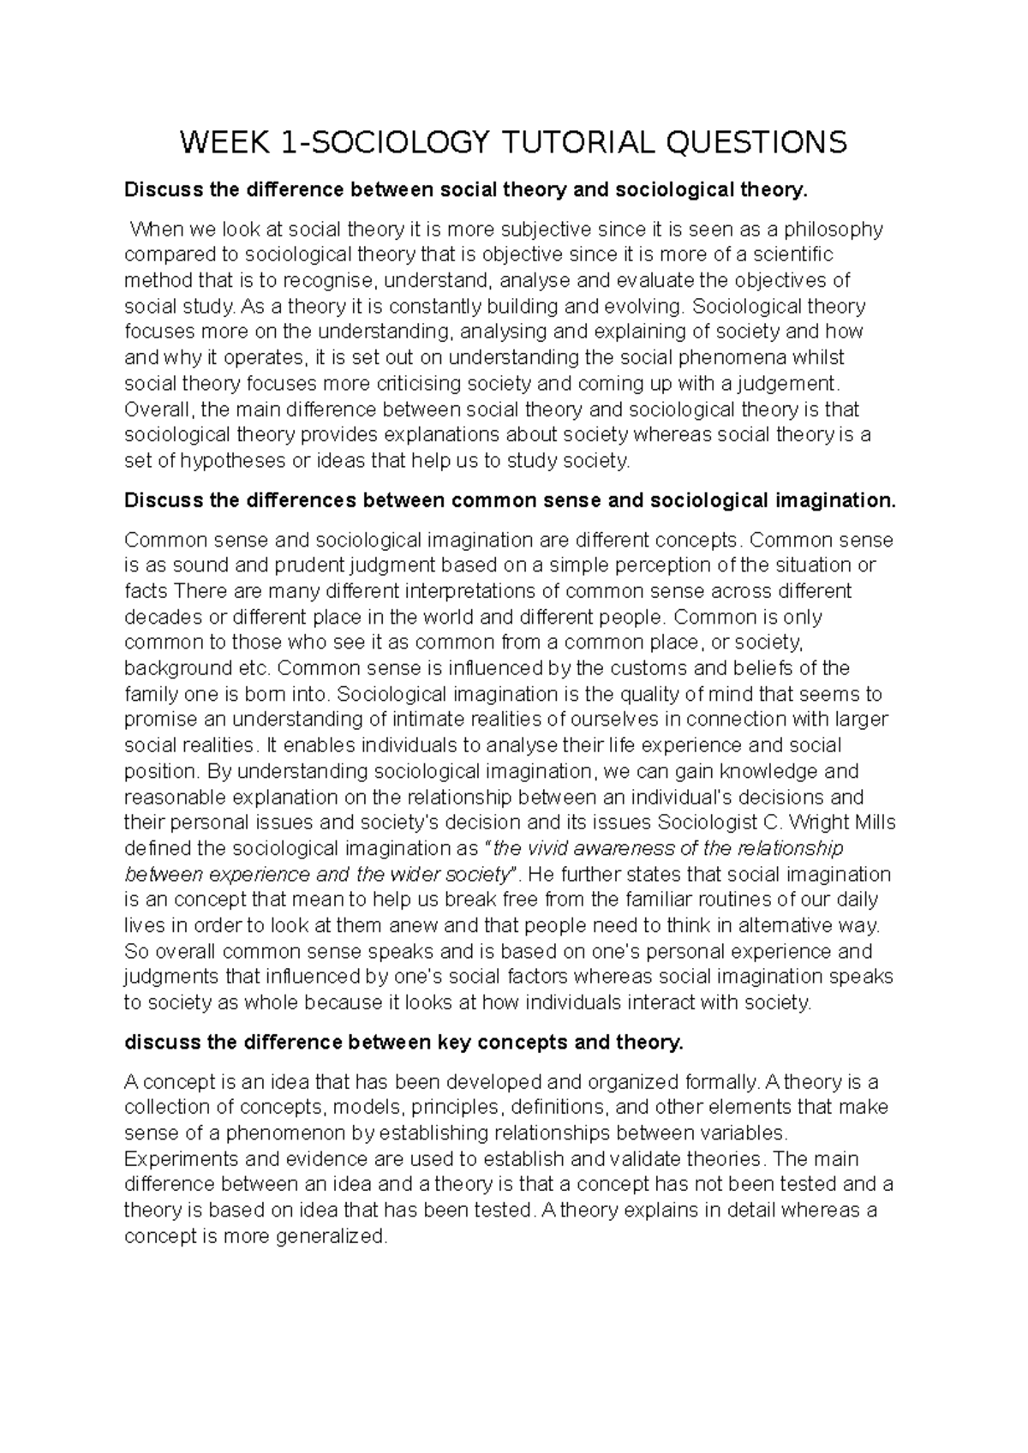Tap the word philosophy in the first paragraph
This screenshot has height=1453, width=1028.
pos(833,229)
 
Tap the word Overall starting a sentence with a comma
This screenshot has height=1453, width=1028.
pos(159,410)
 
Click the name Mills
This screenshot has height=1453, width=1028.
pos(876,823)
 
